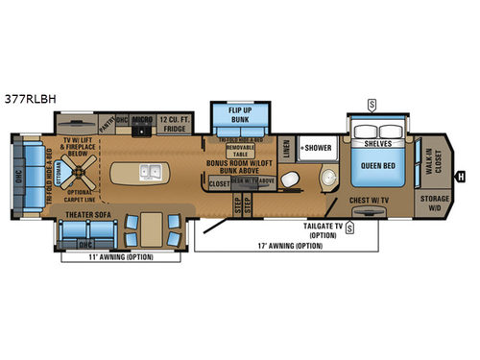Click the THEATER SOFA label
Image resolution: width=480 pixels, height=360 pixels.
click(x=89, y=214)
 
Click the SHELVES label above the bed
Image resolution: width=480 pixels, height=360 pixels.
click(x=379, y=146)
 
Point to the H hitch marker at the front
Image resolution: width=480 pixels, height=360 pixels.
click(x=461, y=176)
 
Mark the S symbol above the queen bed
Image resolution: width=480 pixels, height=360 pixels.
click(x=372, y=104)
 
